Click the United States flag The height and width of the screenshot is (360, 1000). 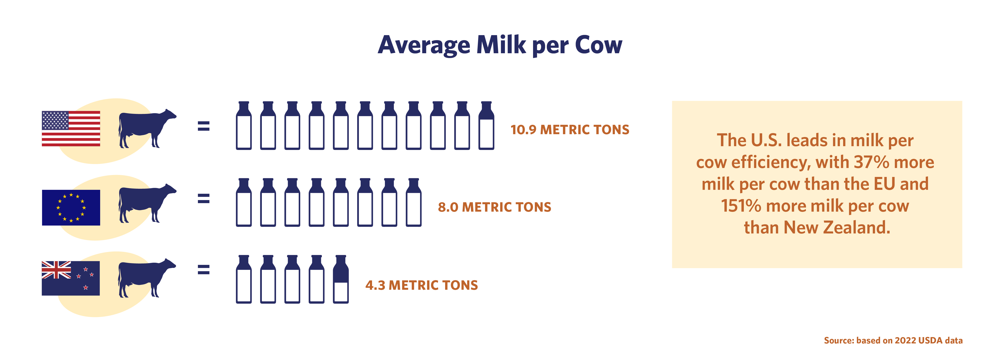tap(71, 129)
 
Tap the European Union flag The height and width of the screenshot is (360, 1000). tap(71, 207)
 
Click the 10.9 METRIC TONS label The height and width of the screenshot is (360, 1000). tap(569, 130)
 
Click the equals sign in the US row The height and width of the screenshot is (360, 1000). tap(203, 126)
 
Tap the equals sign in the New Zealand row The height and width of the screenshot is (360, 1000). tap(203, 269)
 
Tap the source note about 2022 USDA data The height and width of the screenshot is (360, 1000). tap(893, 341)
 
